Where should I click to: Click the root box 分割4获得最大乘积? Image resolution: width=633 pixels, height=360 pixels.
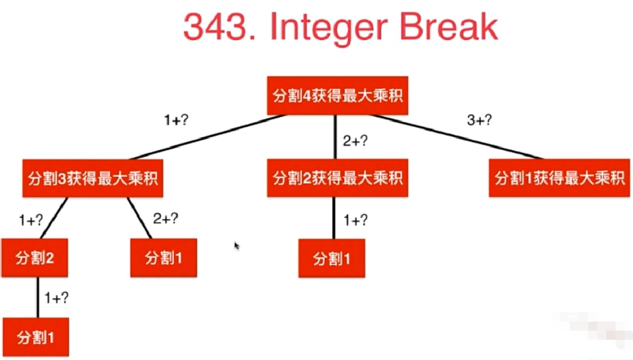(x=338, y=96)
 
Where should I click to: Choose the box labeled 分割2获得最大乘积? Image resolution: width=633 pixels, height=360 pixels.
(x=338, y=178)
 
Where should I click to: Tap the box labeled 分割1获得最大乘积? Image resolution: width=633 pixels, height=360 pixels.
(x=559, y=178)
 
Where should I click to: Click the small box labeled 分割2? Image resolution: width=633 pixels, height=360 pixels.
(x=35, y=258)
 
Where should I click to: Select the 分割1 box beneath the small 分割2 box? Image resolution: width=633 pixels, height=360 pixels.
(x=35, y=337)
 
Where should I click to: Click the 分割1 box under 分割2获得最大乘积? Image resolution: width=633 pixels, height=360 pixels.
(x=332, y=259)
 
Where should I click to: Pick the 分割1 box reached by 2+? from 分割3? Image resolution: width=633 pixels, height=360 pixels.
(x=164, y=258)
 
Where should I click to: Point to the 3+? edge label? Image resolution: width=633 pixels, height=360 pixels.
(x=480, y=121)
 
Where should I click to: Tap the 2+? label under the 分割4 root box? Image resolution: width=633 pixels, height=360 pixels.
(x=356, y=141)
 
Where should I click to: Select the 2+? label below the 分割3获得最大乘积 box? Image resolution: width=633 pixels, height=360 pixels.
(x=166, y=219)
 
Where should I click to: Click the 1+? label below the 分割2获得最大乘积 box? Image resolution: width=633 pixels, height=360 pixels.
(x=356, y=220)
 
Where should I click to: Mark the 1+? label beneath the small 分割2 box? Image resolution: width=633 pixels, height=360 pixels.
(x=57, y=298)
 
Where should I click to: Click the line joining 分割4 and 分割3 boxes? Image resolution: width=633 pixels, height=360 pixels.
(x=207, y=136)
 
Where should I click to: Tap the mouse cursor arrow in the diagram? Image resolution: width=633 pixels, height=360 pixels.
(x=236, y=246)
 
